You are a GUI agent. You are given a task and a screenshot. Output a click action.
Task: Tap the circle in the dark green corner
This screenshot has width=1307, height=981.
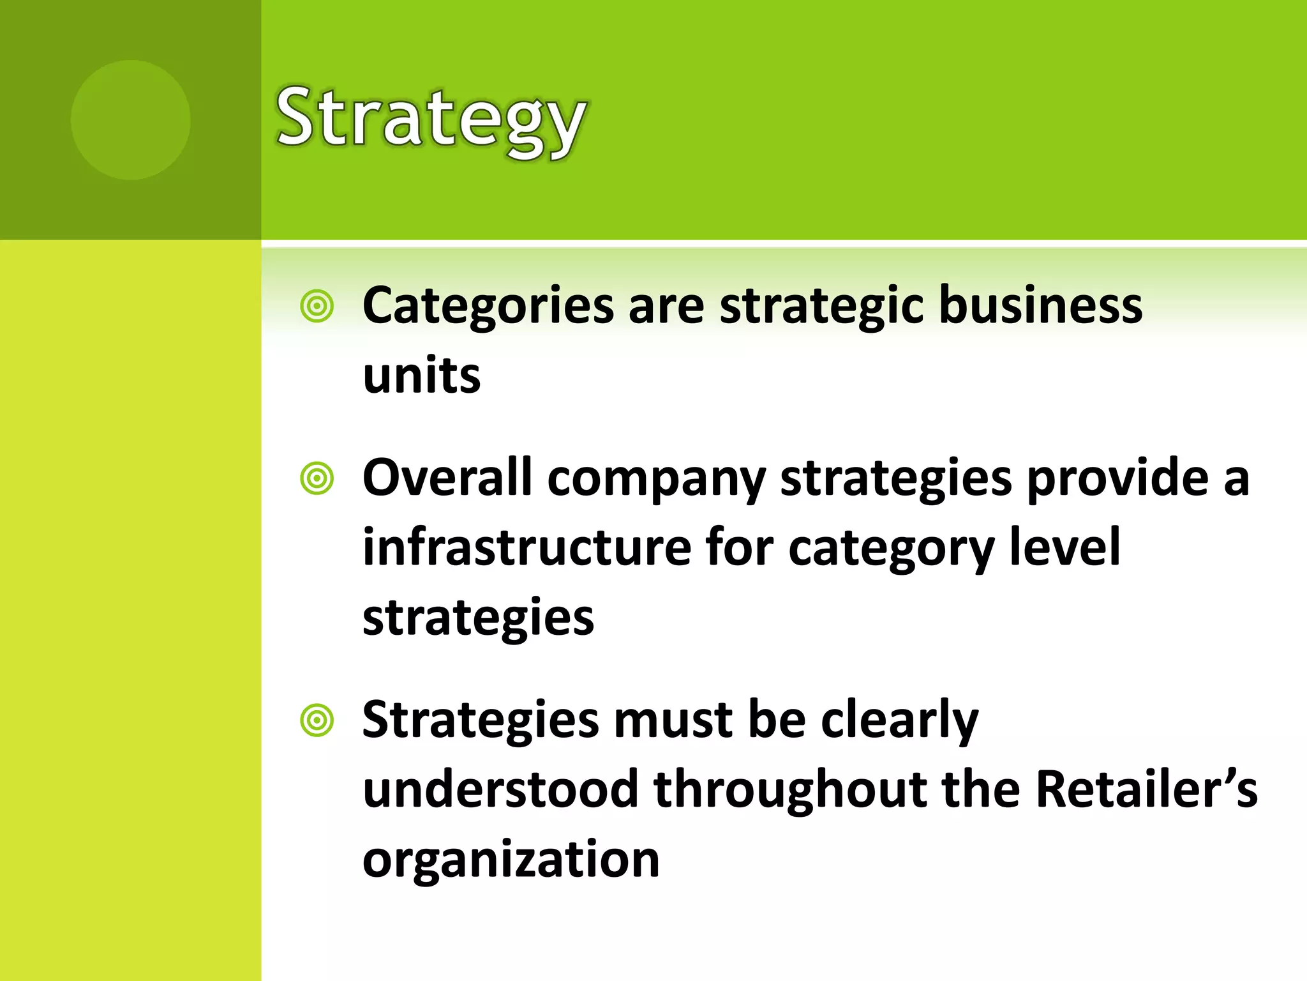pos(130,119)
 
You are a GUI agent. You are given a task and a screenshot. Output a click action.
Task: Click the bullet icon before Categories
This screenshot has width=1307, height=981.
pos(317,306)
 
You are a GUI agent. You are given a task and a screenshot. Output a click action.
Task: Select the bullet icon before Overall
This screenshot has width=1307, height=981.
pos(317,478)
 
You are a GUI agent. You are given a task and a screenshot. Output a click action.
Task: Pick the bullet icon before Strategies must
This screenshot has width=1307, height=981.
pos(317,720)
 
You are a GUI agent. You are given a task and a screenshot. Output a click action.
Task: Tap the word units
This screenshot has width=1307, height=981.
pos(421,376)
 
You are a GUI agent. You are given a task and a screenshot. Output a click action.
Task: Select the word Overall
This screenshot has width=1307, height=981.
pos(447,478)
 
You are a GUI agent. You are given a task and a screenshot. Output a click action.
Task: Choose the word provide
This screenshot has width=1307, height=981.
pos(1117,478)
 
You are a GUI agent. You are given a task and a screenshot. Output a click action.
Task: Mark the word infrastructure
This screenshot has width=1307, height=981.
pos(527,547)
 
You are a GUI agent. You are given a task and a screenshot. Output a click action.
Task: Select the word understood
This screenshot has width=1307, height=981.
pos(500,789)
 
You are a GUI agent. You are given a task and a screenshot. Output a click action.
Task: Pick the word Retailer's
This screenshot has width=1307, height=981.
pos(1146,789)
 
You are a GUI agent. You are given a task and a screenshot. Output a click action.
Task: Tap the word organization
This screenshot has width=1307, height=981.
pos(511,860)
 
